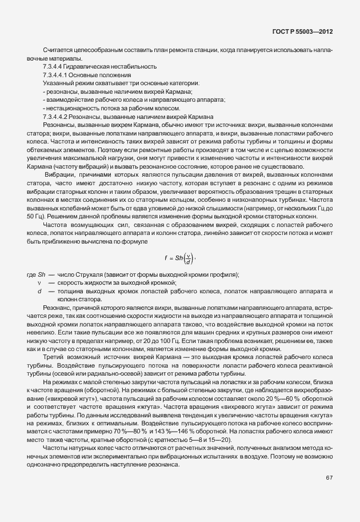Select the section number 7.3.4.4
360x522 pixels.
[53, 67]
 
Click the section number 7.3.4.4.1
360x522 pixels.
[56, 75]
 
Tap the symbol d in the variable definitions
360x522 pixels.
[39, 292]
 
